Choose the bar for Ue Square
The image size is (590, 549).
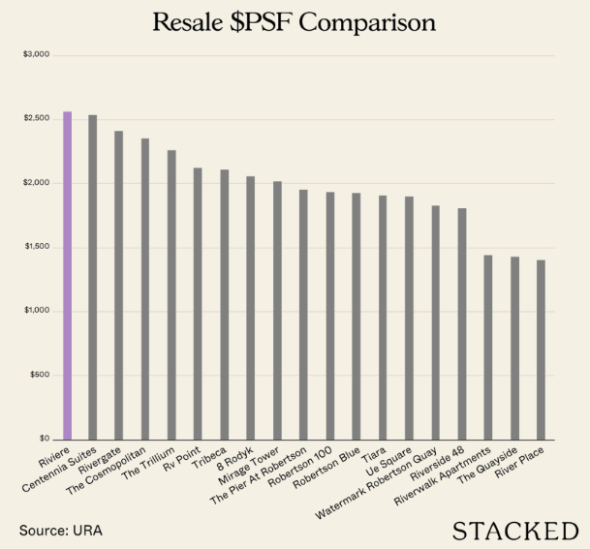click(x=409, y=319)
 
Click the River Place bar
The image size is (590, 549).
click(x=541, y=350)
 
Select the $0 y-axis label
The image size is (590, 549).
click(x=43, y=439)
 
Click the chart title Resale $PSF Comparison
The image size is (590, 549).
click(x=295, y=22)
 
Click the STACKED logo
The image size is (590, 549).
click(x=509, y=530)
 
